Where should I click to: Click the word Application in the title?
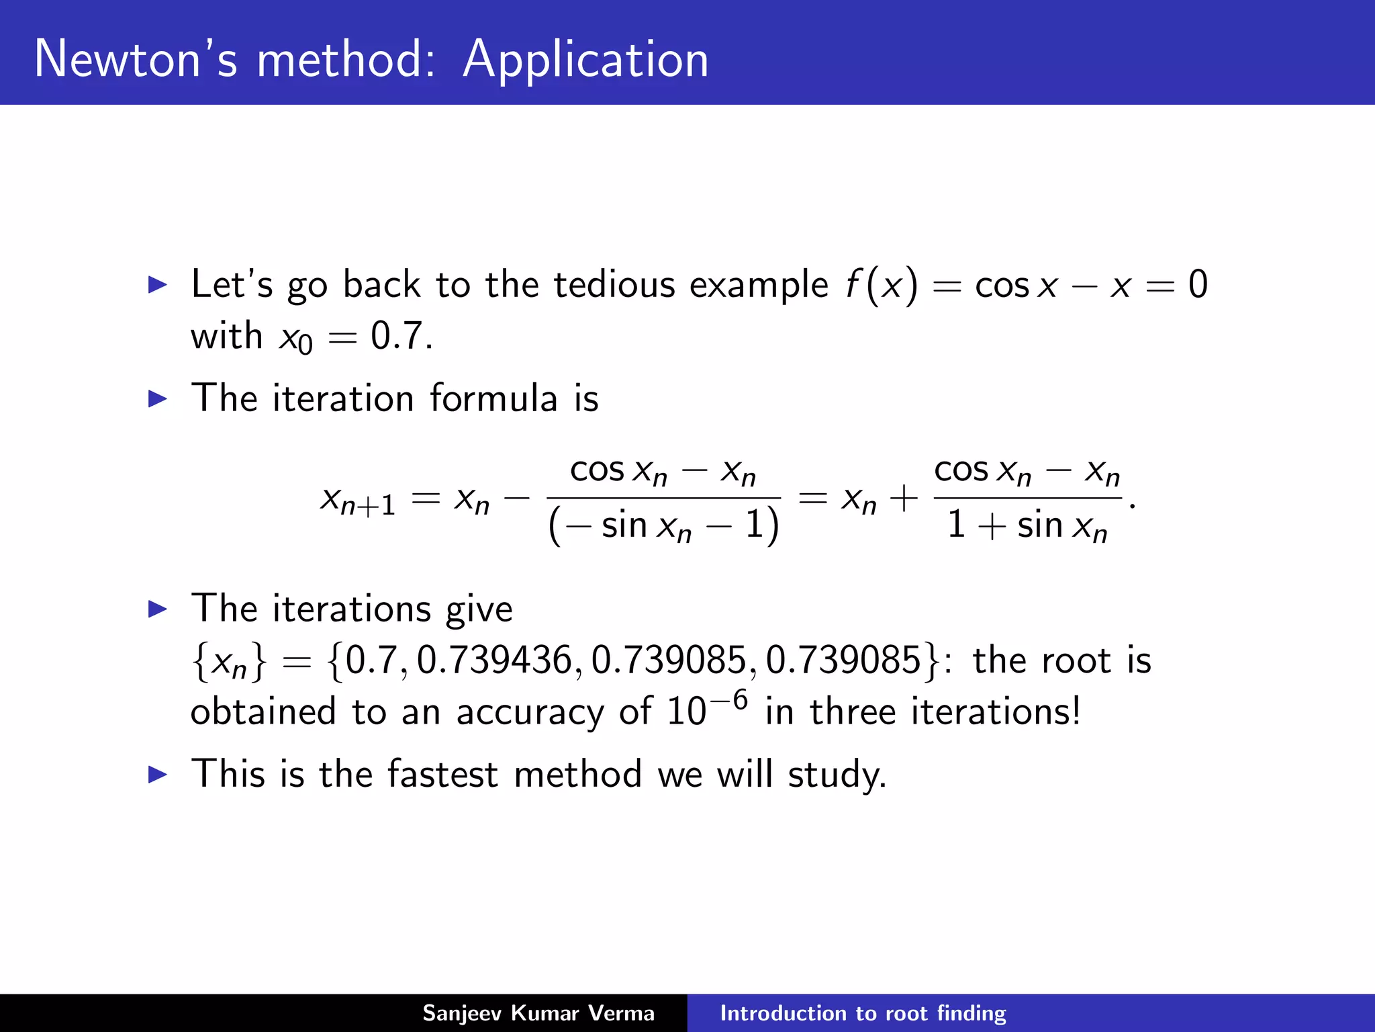[x=585, y=60]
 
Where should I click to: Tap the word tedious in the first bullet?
[x=614, y=284]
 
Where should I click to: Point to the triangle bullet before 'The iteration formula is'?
[x=157, y=398]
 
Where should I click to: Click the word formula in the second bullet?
[x=493, y=398]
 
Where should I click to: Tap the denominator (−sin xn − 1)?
[x=663, y=525]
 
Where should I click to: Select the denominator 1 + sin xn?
[x=1027, y=525]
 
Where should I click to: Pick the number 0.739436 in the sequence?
[x=493, y=660]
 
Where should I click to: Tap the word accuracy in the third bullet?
[x=530, y=712]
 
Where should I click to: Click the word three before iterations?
[x=852, y=712]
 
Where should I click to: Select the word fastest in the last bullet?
[x=442, y=774]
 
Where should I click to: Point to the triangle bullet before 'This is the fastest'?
[x=157, y=775]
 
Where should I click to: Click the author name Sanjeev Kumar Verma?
[x=538, y=1013]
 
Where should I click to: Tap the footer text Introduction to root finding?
[x=863, y=1013]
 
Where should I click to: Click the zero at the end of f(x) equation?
[x=1198, y=284]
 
